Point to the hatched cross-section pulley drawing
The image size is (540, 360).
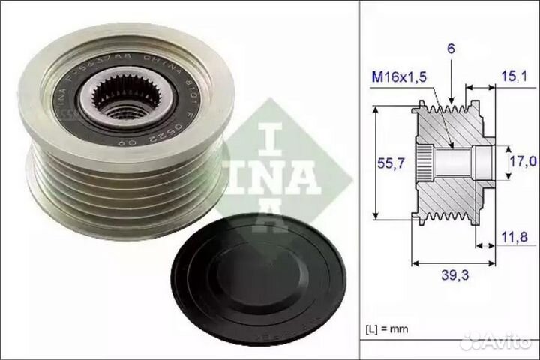tap(450, 161)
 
